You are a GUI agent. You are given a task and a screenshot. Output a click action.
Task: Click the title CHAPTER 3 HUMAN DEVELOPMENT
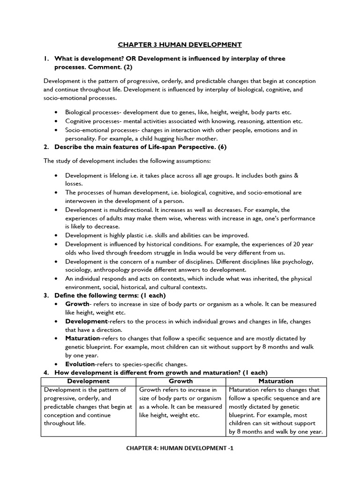[x=180, y=45]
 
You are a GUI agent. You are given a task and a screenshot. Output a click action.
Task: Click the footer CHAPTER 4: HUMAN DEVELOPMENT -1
[x=180, y=448]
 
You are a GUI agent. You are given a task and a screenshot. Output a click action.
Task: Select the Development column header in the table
[x=88, y=381]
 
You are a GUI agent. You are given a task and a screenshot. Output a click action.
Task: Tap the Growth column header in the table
[x=180, y=381]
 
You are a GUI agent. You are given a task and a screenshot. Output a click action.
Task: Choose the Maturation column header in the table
[x=276, y=381]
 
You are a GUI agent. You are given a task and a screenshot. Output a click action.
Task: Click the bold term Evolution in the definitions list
[x=80, y=364]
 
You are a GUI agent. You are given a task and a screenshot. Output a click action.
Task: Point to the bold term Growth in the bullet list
[x=77, y=304]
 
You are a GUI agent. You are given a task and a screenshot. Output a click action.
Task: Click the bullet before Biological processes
[x=56, y=113]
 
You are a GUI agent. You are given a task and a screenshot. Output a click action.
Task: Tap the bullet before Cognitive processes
[x=56, y=121]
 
